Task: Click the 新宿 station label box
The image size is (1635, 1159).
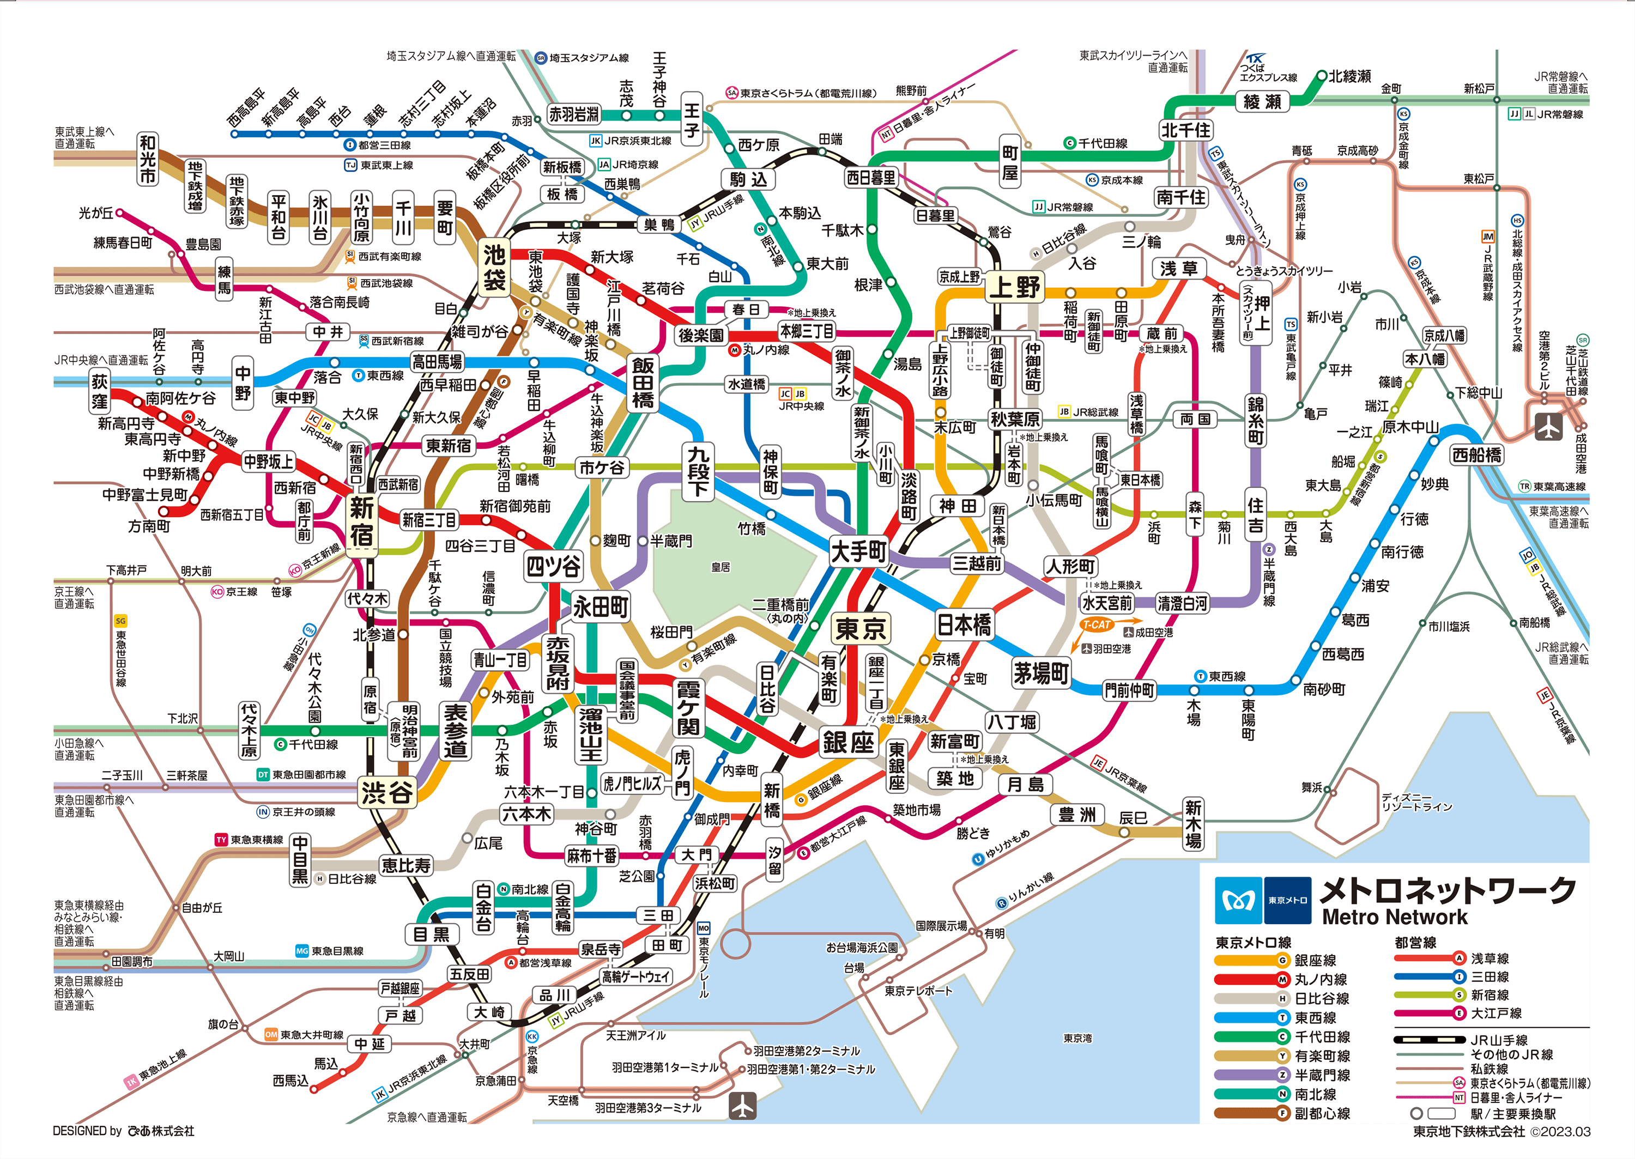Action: pyautogui.click(x=361, y=521)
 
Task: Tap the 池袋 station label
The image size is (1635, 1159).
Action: pyautogui.click(x=494, y=268)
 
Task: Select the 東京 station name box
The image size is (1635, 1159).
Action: pyautogui.click(x=861, y=629)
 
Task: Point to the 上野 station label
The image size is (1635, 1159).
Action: pyautogui.click(x=1015, y=288)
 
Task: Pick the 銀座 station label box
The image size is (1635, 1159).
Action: pyautogui.click(x=848, y=742)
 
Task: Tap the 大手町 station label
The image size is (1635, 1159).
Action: pyautogui.click(x=858, y=551)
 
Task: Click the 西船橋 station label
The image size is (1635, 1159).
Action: pyautogui.click(x=1476, y=454)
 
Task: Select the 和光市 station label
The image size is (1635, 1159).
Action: pyautogui.click(x=148, y=159)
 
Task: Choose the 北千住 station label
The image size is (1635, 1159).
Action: pyautogui.click(x=1185, y=130)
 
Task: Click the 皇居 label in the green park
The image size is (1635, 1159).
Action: pyautogui.click(x=721, y=567)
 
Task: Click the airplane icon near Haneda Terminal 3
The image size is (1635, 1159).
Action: pyautogui.click(x=742, y=1106)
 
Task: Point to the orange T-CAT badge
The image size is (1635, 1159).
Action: pyautogui.click(x=1097, y=624)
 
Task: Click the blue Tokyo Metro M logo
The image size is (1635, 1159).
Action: pyautogui.click(x=1238, y=900)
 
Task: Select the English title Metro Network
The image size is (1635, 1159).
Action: pyautogui.click(x=1395, y=917)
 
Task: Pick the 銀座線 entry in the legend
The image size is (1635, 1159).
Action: pyautogui.click(x=1315, y=961)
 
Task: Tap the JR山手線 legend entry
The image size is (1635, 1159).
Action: pyautogui.click(x=1499, y=1040)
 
